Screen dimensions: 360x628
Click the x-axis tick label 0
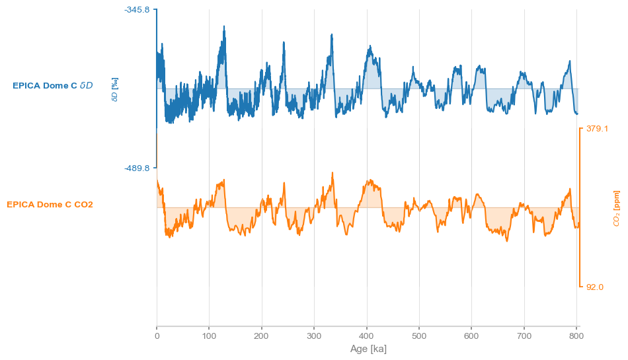tap(157, 336)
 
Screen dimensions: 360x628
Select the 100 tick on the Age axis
tap(209, 336)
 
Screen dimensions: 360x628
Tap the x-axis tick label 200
tap(262, 336)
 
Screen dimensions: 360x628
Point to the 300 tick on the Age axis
tap(314, 336)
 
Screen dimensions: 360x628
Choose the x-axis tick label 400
tap(367, 336)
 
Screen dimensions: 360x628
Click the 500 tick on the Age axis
tap(419, 336)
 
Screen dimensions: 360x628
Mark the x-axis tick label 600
tap(471, 336)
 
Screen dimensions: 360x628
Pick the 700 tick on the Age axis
tap(524, 336)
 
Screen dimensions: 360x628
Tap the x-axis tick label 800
tap(576, 336)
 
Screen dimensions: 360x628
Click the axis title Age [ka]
tap(368, 349)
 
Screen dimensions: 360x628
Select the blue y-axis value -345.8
tap(137, 10)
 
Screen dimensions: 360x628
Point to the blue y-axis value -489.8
tap(137, 168)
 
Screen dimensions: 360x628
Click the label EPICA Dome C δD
tap(53, 86)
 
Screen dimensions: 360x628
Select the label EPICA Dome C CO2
tap(50, 205)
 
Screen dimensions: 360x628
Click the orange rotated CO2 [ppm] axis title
tap(616, 208)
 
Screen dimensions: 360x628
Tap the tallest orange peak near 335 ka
tap(332, 173)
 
